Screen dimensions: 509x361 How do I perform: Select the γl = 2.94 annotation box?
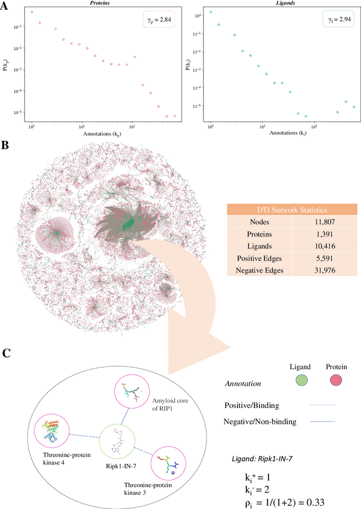pos(336,20)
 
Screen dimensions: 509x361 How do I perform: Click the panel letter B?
pos(5,146)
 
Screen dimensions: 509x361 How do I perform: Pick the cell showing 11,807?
pos(316,223)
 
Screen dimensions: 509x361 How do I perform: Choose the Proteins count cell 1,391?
pos(316,235)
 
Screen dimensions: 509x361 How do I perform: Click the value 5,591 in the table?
pos(316,258)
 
